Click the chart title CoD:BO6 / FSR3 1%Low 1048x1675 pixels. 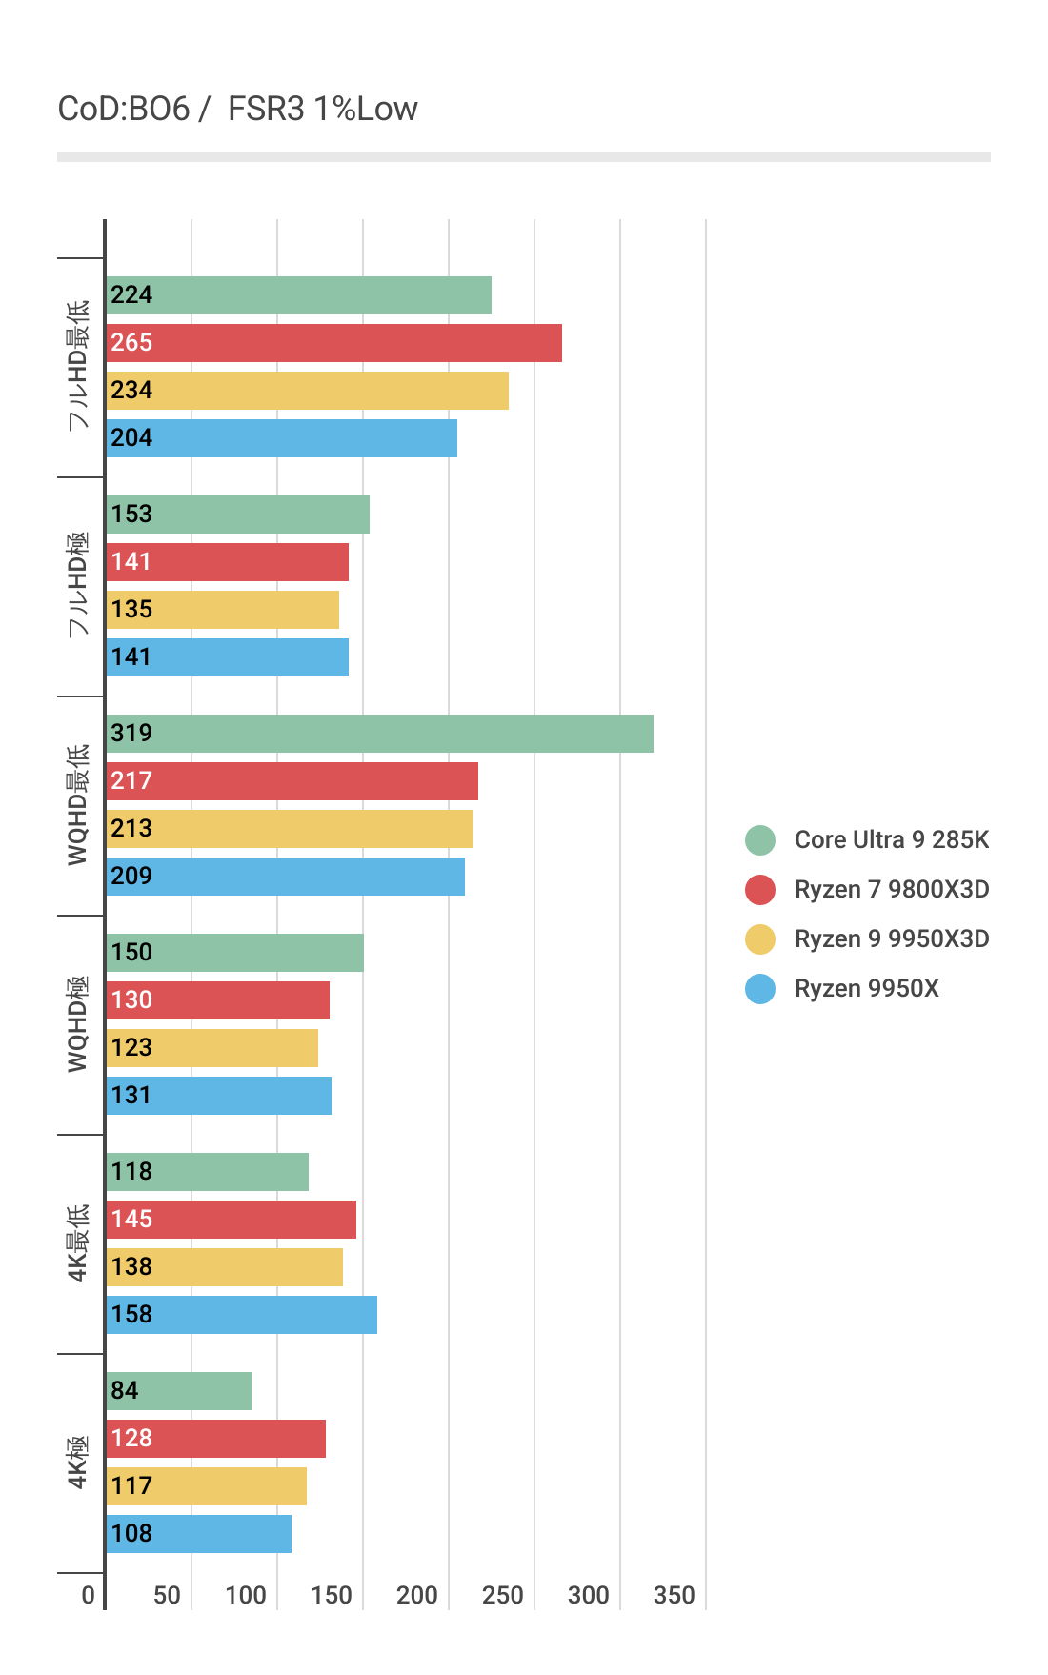[237, 109]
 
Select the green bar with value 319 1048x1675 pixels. [379, 734]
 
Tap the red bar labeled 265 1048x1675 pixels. [333, 343]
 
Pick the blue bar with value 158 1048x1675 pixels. [241, 1315]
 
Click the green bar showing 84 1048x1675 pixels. [178, 1391]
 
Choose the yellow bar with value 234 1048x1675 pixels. [307, 391]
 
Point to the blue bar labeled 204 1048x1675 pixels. [281, 438]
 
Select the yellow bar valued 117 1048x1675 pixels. [206, 1486]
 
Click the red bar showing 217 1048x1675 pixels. [292, 781]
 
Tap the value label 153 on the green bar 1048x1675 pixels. [131, 515]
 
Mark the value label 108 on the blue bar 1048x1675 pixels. [131, 1534]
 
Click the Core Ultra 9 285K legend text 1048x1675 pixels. [892, 839]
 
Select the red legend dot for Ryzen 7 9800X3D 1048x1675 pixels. [760, 890]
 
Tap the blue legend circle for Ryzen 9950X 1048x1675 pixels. [760, 989]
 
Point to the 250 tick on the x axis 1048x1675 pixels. [503, 1595]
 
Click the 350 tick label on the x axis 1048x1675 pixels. [675, 1595]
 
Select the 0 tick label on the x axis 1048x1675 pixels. [89, 1595]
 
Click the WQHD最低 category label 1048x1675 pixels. [77, 805]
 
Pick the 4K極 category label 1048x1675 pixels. [77, 1463]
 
